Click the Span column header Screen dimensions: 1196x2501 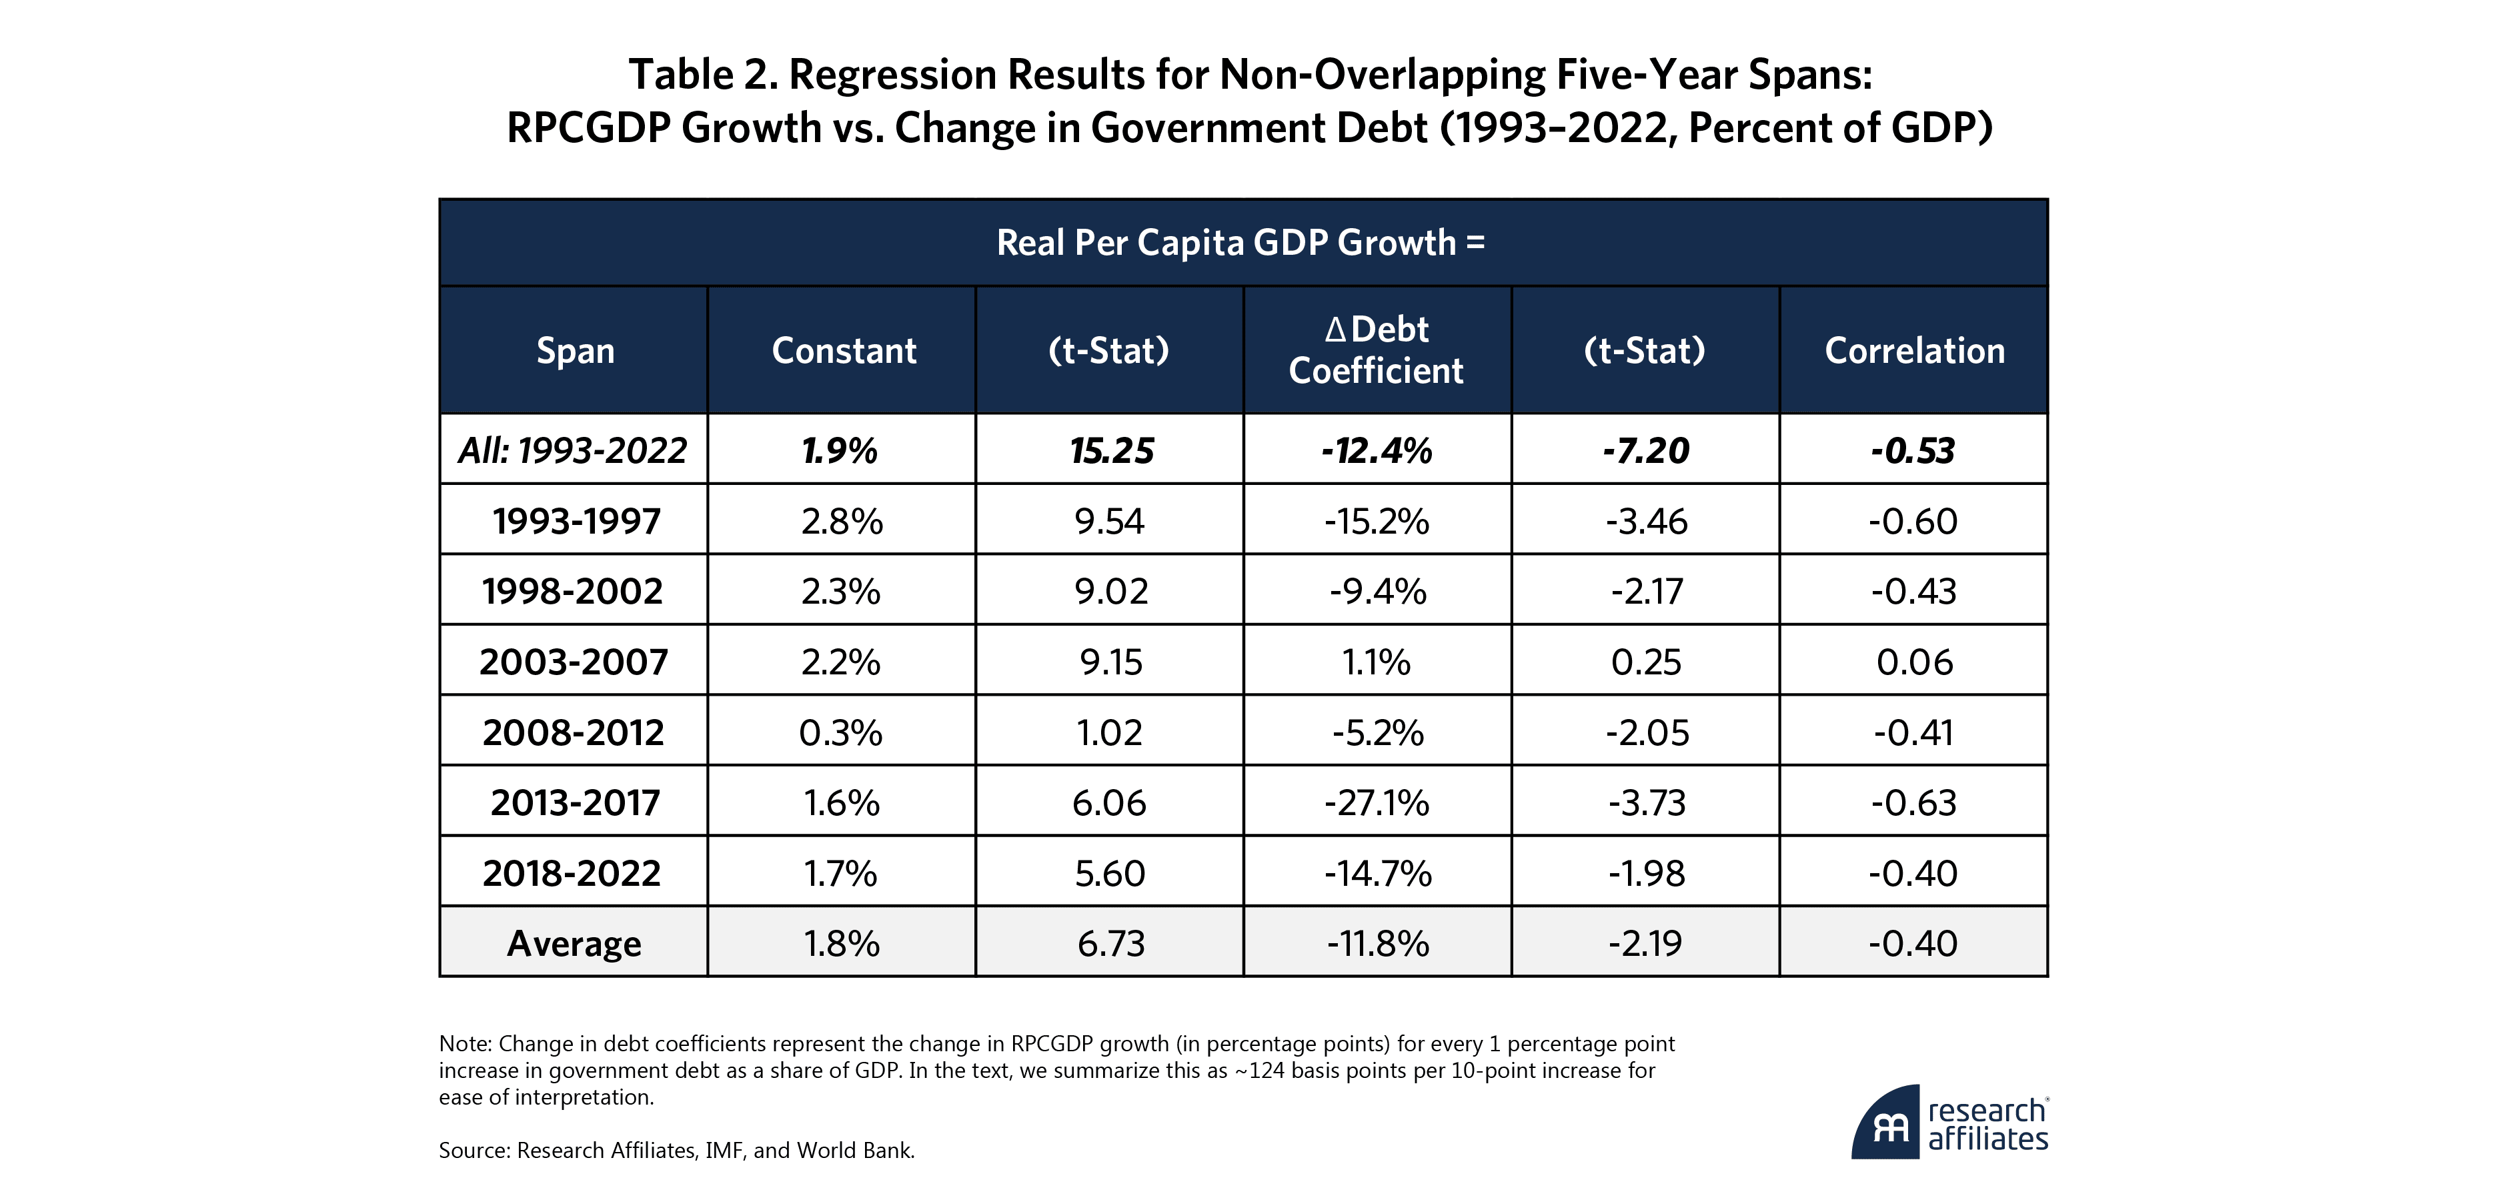[x=575, y=350]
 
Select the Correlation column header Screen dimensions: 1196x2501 [x=1913, y=350]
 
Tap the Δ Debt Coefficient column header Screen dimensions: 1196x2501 [x=1376, y=350]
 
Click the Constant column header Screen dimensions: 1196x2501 [x=843, y=350]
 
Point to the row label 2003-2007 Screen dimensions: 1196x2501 [x=574, y=662]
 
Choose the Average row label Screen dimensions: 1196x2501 [x=574, y=944]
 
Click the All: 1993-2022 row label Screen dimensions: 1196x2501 [x=573, y=450]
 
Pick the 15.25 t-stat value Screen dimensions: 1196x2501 [x=1110, y=450]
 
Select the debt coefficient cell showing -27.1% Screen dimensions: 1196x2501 [x=1377, y=803]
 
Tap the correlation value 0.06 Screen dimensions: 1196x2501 [x=1913, y=662]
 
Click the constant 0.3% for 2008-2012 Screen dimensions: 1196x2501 [x=841, y=733]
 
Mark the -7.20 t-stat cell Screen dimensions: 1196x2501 [x=1645, y=450]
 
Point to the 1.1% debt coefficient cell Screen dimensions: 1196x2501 [x=1376, y=662]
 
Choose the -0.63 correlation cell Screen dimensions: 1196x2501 [x=1913, y=803]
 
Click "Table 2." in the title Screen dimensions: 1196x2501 [x=703, y=75]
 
